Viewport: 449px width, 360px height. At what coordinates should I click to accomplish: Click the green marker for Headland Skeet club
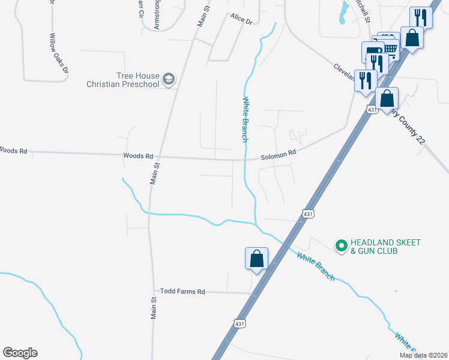[x=341, y=245]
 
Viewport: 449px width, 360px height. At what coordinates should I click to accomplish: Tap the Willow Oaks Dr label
[x=59, y=53]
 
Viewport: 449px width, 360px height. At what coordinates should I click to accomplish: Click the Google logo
[x=20, y=353]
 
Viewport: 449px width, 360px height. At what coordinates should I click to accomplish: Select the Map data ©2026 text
[x=423, y=355]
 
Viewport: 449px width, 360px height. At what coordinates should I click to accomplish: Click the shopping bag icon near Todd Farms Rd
[x=256, y=259]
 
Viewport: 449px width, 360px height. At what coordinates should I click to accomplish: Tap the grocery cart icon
[x=391, y=48]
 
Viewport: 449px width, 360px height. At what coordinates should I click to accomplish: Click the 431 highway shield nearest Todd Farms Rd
[x=240, y=323]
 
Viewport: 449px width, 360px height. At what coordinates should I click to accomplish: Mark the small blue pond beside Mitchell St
[x=343, y=12]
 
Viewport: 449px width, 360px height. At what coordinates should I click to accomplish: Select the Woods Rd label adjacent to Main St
[x=137, y=155]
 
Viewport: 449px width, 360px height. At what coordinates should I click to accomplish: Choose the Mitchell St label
[x=362, y=9]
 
